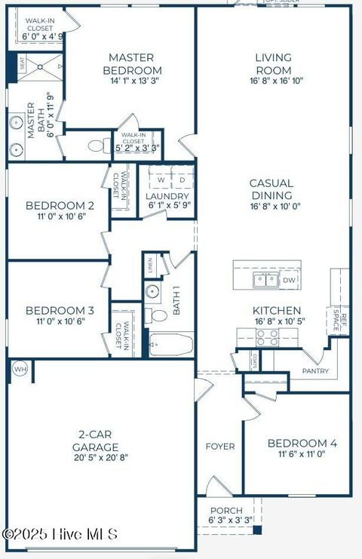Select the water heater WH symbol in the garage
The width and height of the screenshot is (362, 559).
20,370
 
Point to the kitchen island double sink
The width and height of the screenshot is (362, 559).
265,281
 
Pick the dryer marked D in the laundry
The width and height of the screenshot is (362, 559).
182,180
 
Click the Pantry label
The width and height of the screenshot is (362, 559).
315,371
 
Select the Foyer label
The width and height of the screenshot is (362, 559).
220,447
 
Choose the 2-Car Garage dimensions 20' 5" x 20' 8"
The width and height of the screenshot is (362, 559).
101,457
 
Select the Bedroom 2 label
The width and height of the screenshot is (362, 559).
60,205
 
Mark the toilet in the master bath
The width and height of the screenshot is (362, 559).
97,146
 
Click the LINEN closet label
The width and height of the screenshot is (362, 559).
151,266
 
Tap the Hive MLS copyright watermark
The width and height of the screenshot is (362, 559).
60,534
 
